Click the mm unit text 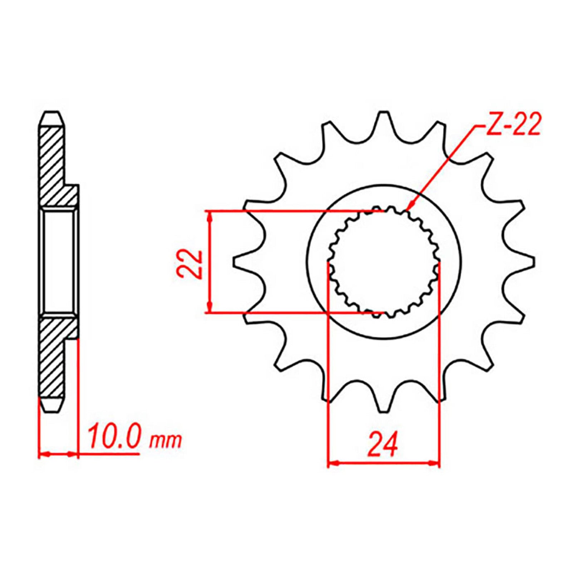[x=166, y=442]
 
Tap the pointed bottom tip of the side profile [x=52, y=411]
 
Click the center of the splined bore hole [x=384, y=263]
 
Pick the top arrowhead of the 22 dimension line [x=210, y=214]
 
